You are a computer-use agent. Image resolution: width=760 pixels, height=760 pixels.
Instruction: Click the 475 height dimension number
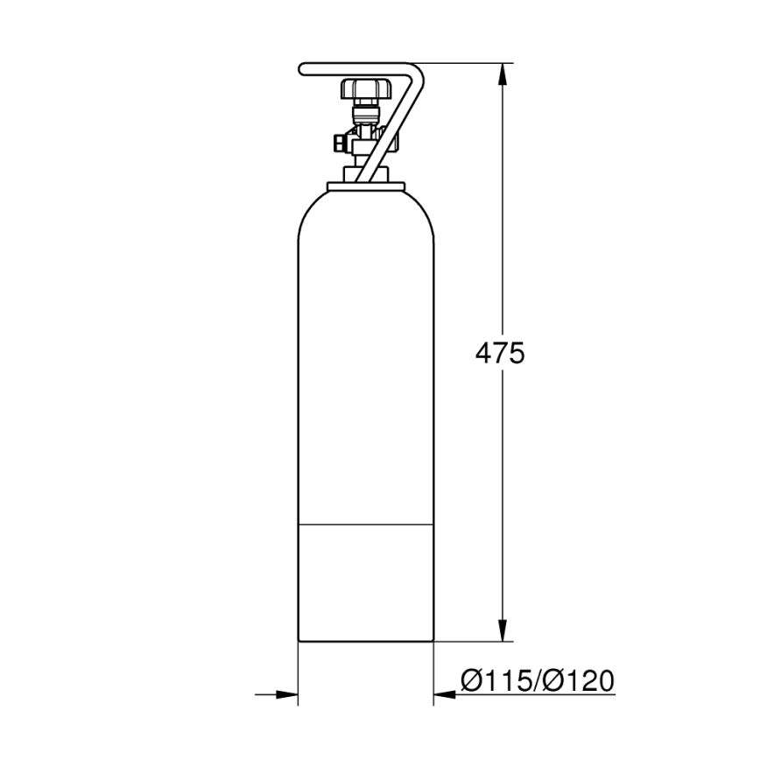coord(499,353)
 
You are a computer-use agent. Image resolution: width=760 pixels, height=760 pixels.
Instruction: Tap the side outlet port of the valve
coord(339,142)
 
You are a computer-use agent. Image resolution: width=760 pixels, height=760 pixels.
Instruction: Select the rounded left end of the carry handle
coord(303,68)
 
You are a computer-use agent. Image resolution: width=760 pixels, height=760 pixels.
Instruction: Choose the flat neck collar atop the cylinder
coord(367,185)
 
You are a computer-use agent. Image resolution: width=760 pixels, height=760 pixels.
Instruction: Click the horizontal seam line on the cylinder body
coord(367,524)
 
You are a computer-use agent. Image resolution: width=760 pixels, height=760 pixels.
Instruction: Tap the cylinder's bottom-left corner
coord(299,642)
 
